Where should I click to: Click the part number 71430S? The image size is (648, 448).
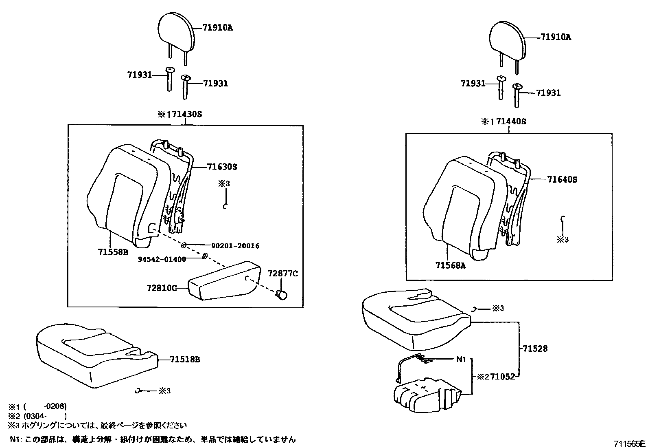[186, 114]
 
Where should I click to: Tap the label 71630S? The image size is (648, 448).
[222, 167]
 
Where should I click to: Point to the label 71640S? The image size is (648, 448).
[562, 179]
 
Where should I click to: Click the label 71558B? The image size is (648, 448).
[113, 252]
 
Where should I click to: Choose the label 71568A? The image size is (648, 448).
[450, 265]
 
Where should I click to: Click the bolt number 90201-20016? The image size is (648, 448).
[235, 246]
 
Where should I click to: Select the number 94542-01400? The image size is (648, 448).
[162, 259]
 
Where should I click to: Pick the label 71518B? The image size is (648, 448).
[185, 360]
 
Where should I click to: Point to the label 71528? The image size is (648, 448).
[535, 349]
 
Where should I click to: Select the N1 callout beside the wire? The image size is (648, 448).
[460, 359]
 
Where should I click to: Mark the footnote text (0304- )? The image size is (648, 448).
[45, 416]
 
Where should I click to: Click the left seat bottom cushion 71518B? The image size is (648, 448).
[94, 355]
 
